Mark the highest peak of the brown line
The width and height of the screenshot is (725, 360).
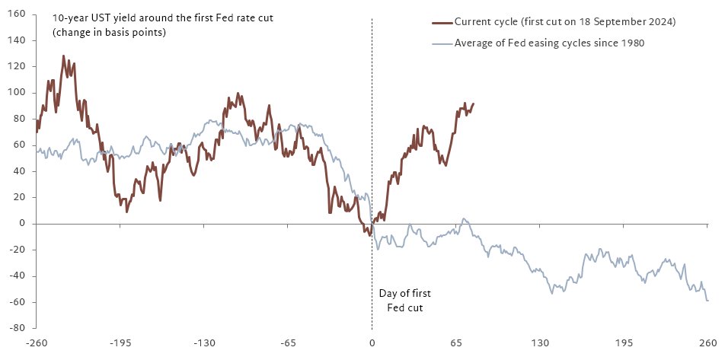64,56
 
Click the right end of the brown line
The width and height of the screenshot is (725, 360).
473,104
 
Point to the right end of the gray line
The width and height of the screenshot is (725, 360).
707,301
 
